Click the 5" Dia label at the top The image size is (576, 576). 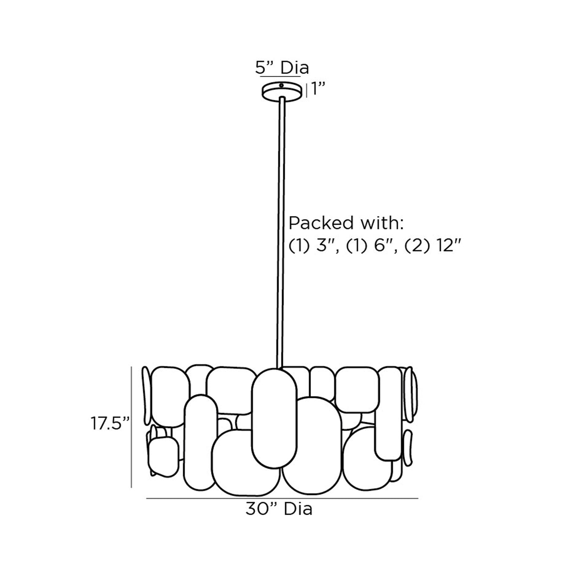(282, 68)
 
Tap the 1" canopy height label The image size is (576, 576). (318, 89)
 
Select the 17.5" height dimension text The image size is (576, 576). (110, 423)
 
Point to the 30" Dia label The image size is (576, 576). (279, 509)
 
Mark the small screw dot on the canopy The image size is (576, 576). (281, 86)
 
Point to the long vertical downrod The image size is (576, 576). (281, 230)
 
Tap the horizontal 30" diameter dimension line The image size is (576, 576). (282, 499)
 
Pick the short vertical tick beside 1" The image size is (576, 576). (306, 90)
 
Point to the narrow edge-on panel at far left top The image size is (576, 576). (146, 395)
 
